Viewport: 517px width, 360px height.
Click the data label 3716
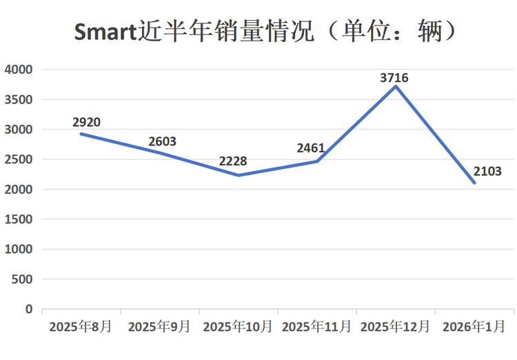click(x=394, y=78)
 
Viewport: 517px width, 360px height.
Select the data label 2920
click(x=86, y=122)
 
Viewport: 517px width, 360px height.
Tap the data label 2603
click(x=162, y=141)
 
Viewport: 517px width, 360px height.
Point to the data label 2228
click(x=233, y=161)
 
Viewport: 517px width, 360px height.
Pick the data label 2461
click(x=311, y=148)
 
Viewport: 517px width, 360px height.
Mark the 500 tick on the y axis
click(x=23, y=279)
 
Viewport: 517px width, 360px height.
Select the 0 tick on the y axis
click(x=29, y=309)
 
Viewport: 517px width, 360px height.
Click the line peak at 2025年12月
click(x=395, y=86)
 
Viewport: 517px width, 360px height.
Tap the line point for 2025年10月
click(x=238, y=175)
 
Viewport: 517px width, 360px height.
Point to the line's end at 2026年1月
click(x=474, y=183)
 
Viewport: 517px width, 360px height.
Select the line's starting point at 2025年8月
click(x=81, y=134)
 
